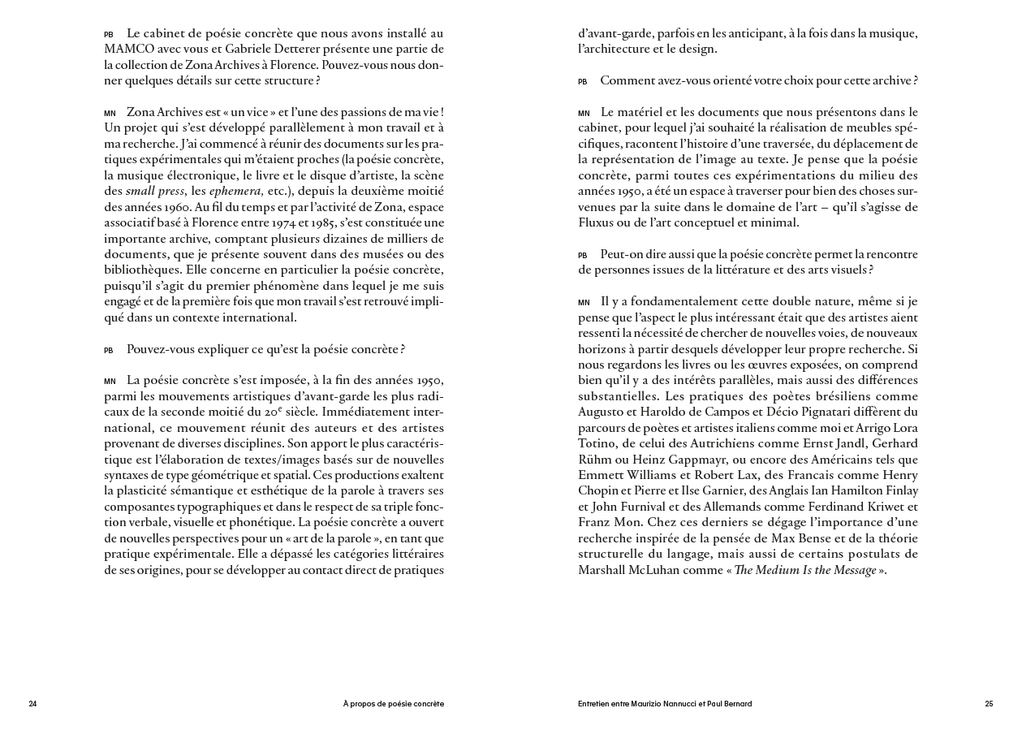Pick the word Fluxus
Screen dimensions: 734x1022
599,222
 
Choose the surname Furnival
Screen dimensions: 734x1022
642,507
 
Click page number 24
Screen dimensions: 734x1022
32,704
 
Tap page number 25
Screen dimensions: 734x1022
989,704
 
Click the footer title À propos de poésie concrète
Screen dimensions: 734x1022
393,704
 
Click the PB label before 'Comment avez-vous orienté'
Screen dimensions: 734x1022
583,82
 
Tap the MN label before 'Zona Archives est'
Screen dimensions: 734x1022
110,114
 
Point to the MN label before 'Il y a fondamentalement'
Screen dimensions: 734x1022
584,303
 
